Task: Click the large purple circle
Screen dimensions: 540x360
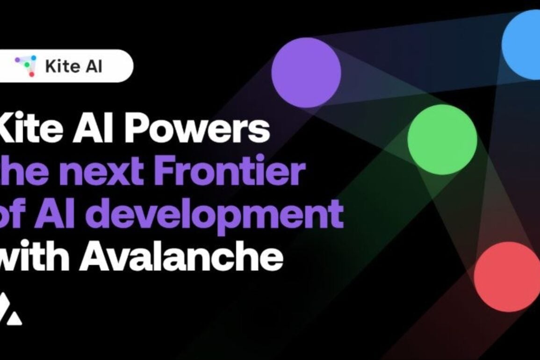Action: pyautogui.click(x=306, y=72)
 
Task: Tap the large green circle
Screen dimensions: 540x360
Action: pyautogui.click(x=442, y=139)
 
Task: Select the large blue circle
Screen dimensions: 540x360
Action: pyautogui.click(x=521, y=45)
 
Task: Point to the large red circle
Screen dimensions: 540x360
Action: pyautogui.click(x=507, y=277)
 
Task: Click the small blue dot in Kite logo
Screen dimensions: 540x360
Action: pyautogui.click(x=34, y=58)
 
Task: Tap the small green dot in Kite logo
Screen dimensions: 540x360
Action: pyautogui.click(x=27, y=65)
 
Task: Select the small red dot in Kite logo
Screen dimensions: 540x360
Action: pyautogui.click(x=31, y=74)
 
